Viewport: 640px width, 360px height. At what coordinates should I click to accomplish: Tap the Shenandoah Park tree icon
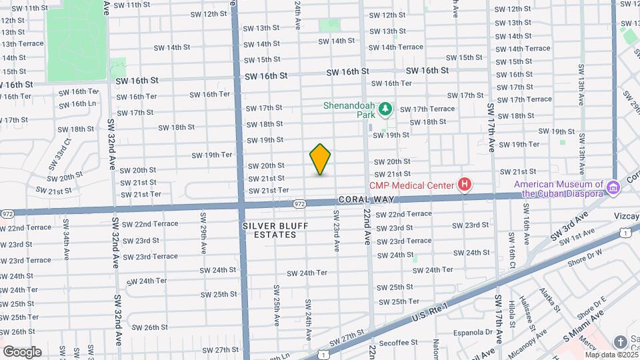click(384, 108)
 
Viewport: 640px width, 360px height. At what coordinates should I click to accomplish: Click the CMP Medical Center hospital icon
click(465, 185)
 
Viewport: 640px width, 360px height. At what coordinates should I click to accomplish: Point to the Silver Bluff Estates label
click(275, 230)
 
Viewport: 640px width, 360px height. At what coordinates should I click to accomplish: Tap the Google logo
click(22, 352)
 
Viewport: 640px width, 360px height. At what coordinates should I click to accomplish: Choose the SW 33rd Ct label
click(59, 153)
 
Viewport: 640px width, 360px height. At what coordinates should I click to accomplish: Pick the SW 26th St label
click(149, 327)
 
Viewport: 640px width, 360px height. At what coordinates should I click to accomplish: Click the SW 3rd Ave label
click(572, 225)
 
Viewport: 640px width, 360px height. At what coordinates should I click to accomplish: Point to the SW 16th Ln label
click(77, 103)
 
